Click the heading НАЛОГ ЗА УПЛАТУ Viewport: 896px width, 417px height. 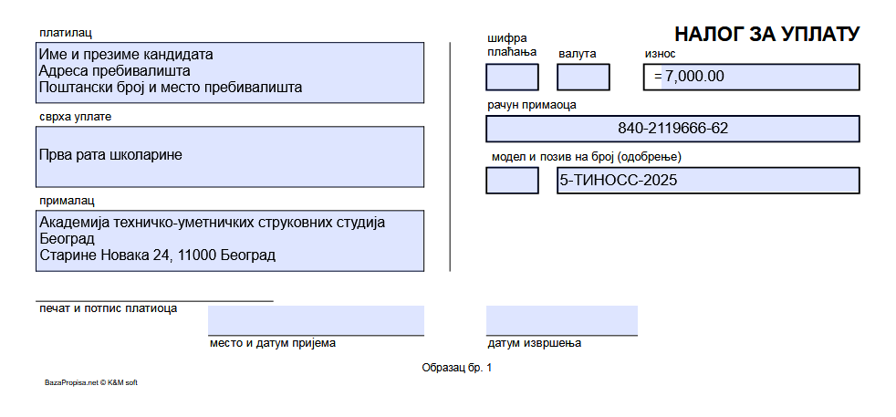766,35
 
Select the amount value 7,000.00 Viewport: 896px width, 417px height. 695,76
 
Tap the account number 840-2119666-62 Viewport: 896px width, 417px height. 672,128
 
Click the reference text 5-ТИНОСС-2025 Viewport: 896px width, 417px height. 619,181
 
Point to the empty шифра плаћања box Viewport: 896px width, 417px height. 512,78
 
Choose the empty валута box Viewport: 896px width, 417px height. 583,78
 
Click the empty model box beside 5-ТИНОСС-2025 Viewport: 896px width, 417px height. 512,181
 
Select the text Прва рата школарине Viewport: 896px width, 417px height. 110,155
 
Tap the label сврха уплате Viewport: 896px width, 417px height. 76,117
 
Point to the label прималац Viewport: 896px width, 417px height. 67,201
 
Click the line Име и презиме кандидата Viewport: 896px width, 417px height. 126,55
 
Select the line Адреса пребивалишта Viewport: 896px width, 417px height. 114,71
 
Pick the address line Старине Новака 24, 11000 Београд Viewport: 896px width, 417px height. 157,255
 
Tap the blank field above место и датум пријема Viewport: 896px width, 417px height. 316,320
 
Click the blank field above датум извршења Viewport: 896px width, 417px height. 562,320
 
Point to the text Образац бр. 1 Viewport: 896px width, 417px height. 456,368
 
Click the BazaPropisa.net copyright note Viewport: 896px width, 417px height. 91,382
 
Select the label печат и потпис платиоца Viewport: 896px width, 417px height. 108,309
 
